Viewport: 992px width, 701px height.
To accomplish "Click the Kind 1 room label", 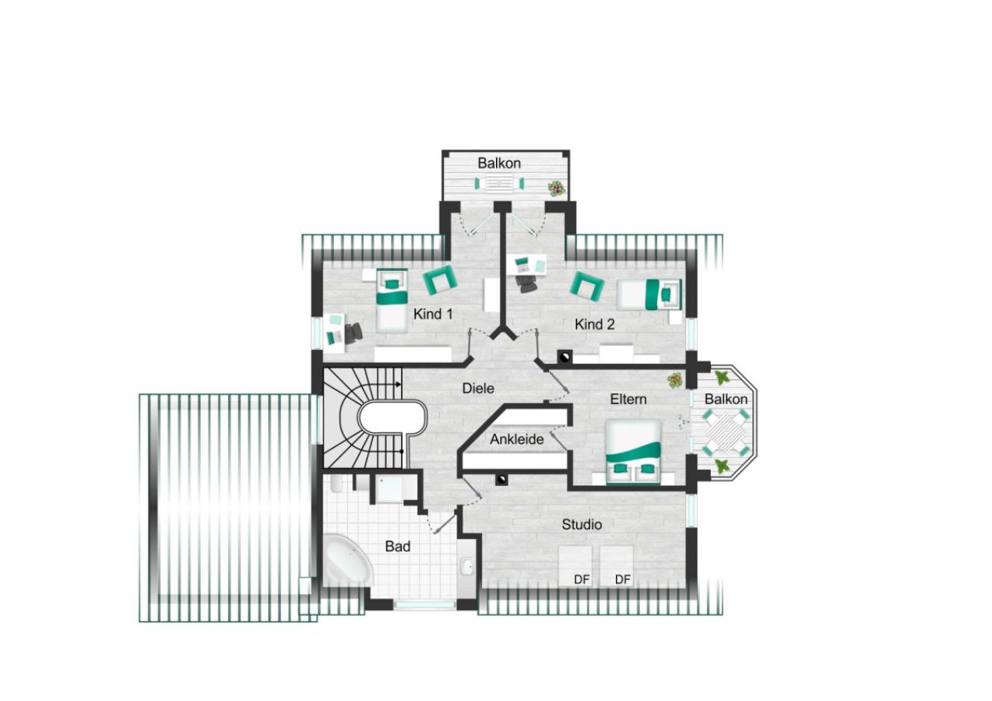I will (x=433, y=314).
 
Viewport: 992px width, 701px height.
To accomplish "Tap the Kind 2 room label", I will (x=594, y=324).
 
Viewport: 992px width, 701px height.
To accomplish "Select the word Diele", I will (x=478, y=388).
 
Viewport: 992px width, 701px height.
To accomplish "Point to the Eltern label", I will (x=628, y=399).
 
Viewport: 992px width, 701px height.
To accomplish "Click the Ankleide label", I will (x=517, y=439).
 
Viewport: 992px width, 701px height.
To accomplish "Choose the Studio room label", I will (x=582, y=525).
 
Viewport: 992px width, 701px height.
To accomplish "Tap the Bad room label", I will (x=398, y=547).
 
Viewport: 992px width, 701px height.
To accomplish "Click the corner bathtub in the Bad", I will (x=347, y=559).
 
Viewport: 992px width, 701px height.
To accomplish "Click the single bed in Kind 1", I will (x=392, y=300).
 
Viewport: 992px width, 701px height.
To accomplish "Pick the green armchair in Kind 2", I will (x=588, y=287).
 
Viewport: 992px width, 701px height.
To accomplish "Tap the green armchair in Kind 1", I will (x=440, y=278).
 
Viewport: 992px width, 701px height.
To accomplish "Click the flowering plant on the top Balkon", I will (x=555, y=188).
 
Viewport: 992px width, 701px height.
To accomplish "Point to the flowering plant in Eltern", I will (x=674, y=380).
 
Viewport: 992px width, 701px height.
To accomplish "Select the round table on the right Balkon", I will (x=728, y=434).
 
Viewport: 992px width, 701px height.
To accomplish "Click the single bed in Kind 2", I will (x=649, y=295).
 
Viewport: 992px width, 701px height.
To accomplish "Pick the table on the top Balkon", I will (x=499, y=184).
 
